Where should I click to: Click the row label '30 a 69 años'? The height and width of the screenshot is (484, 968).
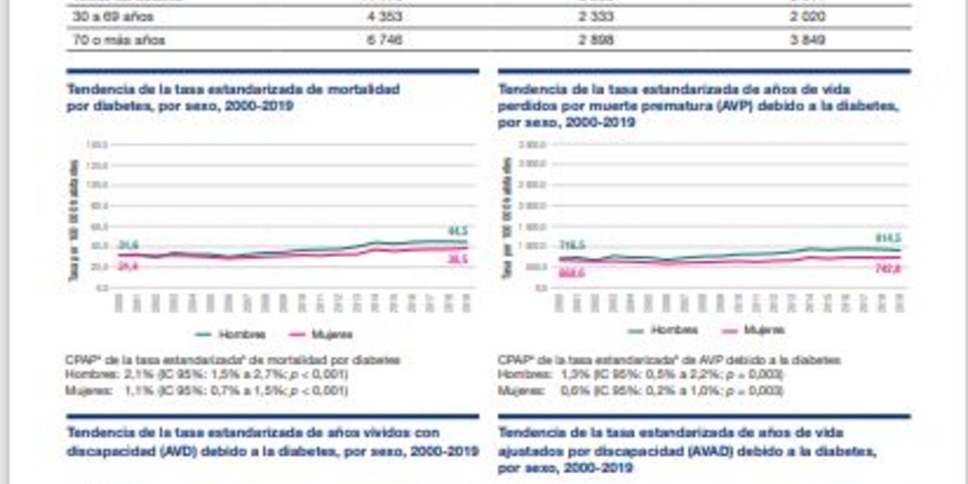[113, 16]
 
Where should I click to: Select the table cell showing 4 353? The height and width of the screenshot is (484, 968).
[384, 16]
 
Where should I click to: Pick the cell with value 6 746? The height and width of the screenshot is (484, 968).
[384, 40]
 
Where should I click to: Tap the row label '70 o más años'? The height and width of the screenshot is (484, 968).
[119, 40]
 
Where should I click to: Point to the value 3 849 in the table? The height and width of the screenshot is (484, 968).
[808, 40]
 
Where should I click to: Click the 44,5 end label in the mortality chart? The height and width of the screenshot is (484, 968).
[457, 230]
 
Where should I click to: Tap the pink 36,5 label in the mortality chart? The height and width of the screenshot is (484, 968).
[457, 260]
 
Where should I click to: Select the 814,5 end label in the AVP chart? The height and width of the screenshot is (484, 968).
[888, 238]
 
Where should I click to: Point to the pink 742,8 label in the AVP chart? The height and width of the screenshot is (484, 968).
[888, 269]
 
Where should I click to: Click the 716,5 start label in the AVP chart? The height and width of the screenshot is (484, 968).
[571, 245]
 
